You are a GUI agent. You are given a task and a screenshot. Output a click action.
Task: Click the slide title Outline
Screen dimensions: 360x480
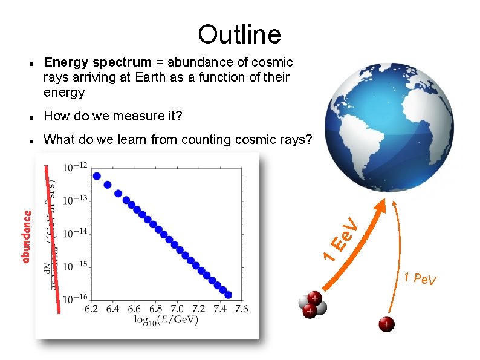click(239, 34)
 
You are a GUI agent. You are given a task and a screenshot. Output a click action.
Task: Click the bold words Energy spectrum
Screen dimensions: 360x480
click(97, 62)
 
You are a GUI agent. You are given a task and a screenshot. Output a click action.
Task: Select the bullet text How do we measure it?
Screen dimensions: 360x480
click(113, 116)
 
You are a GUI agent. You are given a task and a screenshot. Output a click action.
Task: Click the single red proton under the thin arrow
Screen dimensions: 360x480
click(386, 325)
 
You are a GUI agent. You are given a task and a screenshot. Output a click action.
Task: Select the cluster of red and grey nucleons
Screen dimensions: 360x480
click(312, 305)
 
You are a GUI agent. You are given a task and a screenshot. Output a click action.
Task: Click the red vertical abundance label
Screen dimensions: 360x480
click(26, 236)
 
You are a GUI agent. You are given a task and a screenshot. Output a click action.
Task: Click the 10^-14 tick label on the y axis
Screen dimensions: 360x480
click(75, 233)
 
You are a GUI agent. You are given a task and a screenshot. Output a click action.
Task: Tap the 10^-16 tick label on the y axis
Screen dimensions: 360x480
click(75, 299)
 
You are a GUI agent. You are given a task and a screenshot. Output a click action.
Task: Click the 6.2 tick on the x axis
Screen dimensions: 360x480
click(92, 309)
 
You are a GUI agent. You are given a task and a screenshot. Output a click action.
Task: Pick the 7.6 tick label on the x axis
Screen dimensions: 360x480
click(241, 309)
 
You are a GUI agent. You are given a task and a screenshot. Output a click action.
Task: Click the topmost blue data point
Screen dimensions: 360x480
click(96, 176)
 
